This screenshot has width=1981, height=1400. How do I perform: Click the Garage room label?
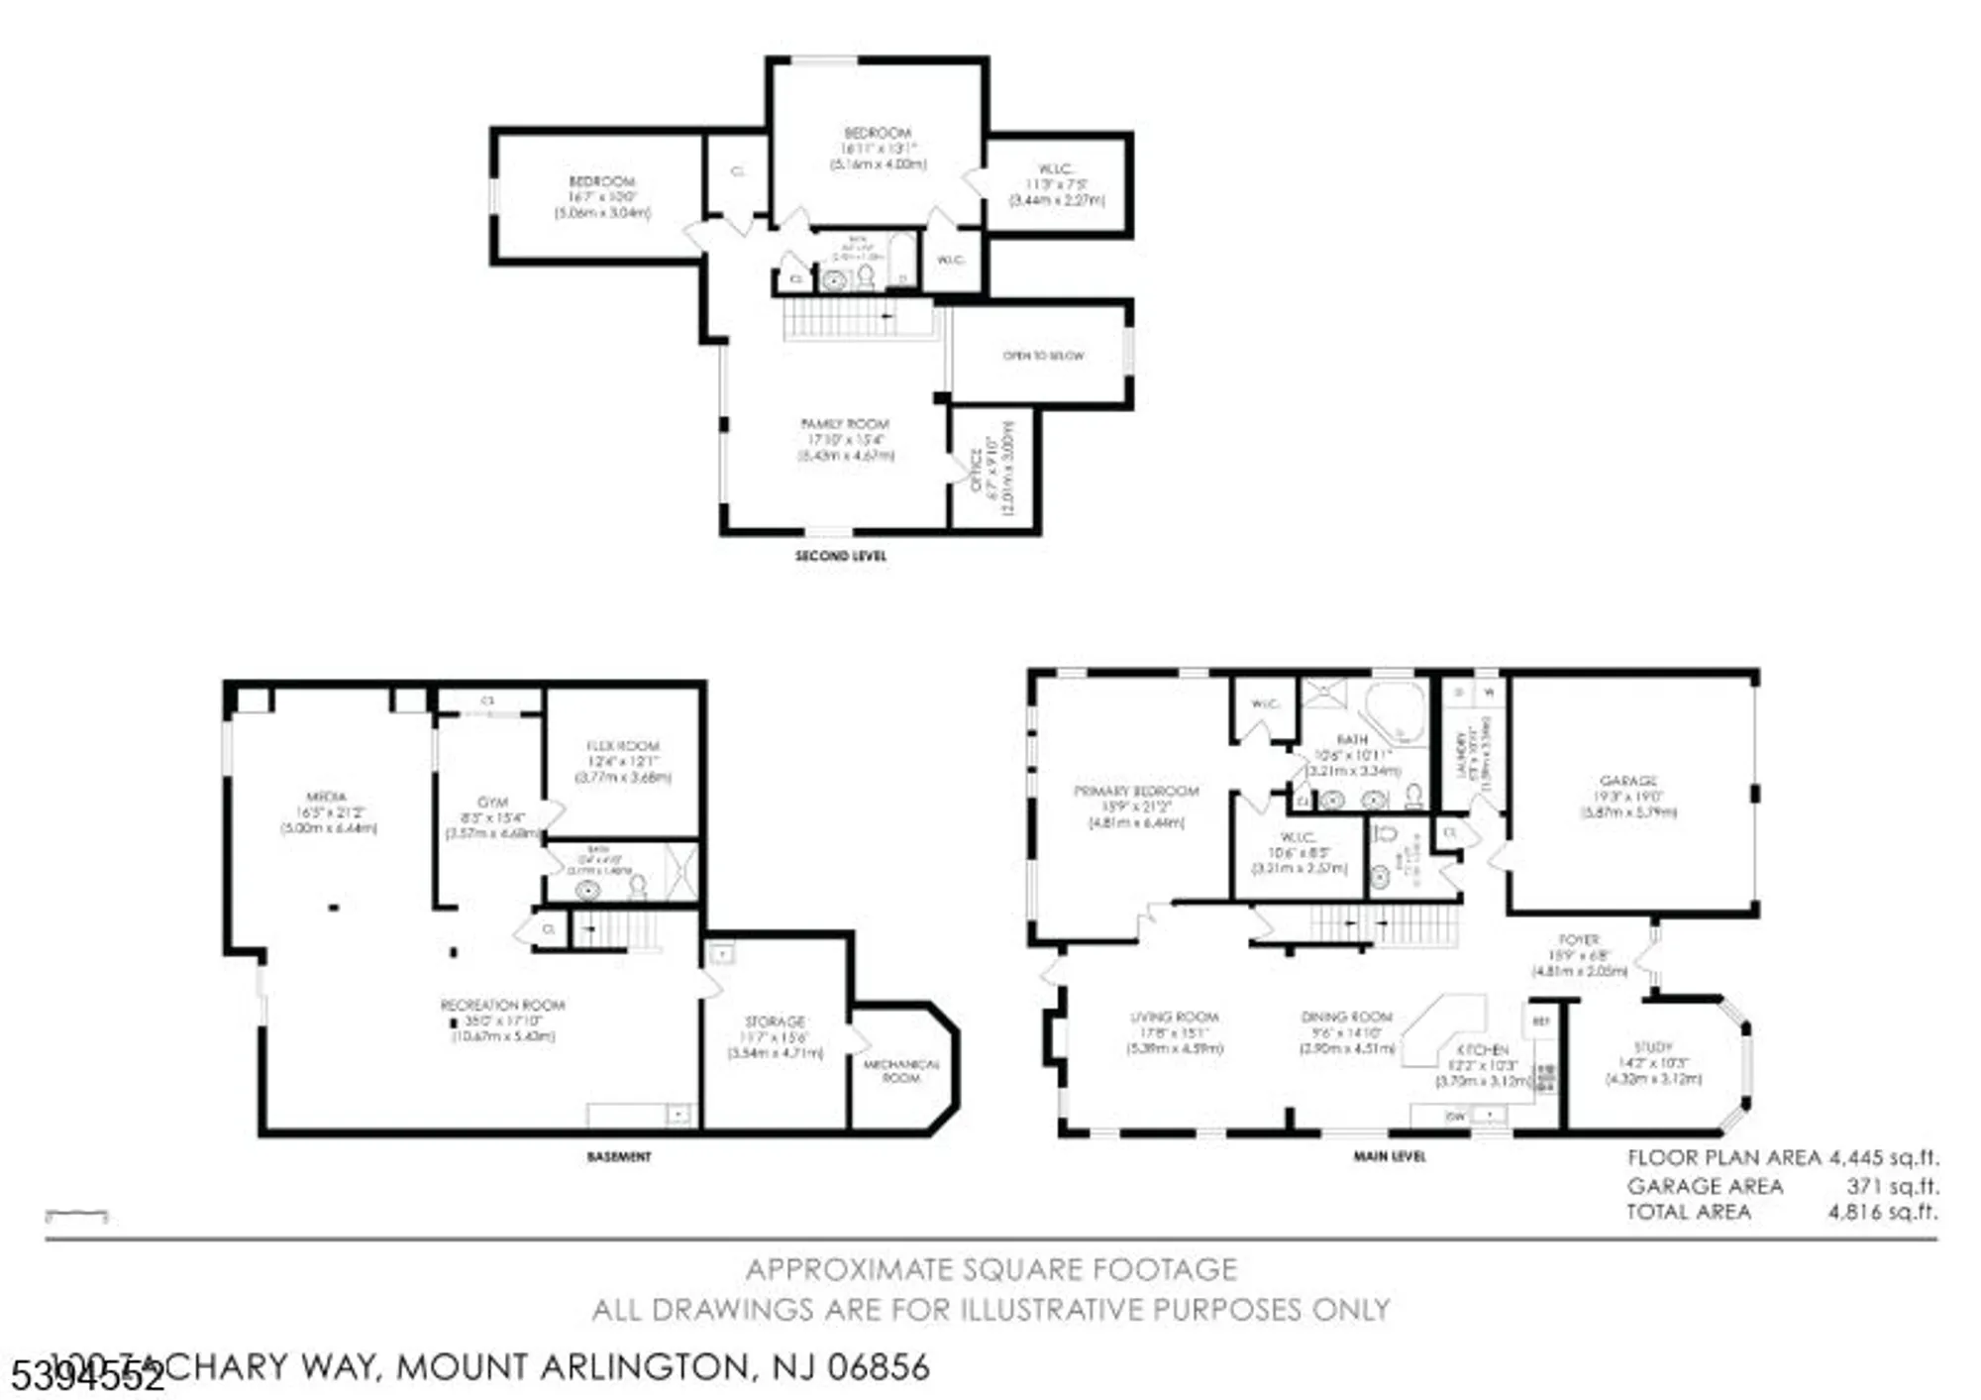coord(1627,781)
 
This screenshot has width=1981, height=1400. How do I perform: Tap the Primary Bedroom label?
coord(1136,791)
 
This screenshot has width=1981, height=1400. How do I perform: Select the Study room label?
coord(1652,1046)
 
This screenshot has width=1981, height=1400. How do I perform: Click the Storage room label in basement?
coord(775,1021)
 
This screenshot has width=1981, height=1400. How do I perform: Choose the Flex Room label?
coord(622,745)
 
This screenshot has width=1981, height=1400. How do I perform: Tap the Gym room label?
coord(492,802)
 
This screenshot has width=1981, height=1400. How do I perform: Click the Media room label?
coord(327,796)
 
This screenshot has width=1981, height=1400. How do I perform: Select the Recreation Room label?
coord(502,1005)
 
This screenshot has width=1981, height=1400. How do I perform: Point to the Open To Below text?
coord(1043,355)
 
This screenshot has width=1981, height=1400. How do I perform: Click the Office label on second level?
coord(976,469)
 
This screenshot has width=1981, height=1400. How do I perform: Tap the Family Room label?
coord(845,423)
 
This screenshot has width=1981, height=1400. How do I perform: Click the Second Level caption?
coord(840,556)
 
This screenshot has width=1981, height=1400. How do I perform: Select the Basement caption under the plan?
coord(619,1156)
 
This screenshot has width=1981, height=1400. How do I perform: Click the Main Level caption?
coord(1389,1156)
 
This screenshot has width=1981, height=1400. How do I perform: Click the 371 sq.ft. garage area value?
coord(1892,1185)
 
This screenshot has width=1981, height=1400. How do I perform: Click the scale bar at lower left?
coord(76,1215)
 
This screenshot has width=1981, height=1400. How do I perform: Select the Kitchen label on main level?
coord(1483,1049)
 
